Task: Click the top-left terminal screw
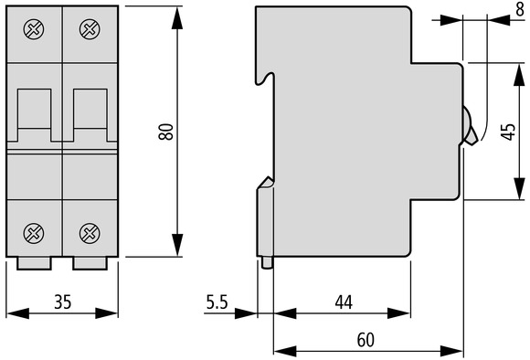[34, 29]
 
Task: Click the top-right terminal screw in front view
[90, 29]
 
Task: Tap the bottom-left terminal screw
[34, 233]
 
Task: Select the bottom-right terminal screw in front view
[90, 233]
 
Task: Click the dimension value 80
[166, 132]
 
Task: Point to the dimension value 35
[63, 302]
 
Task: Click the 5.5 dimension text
[217, 302]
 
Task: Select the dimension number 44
[344, 302]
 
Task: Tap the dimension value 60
[366, 340]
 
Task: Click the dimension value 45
[508, 132]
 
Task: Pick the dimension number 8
[520, 10]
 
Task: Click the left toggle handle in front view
[34, 115]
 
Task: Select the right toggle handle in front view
[90, 115]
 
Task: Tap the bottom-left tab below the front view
[34, 263]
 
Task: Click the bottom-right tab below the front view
[90, 263]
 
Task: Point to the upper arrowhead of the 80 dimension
[177, 17]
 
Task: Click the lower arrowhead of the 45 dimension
[519, 188]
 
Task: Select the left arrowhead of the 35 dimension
[18, 313]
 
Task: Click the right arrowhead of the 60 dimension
[451, 351]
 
